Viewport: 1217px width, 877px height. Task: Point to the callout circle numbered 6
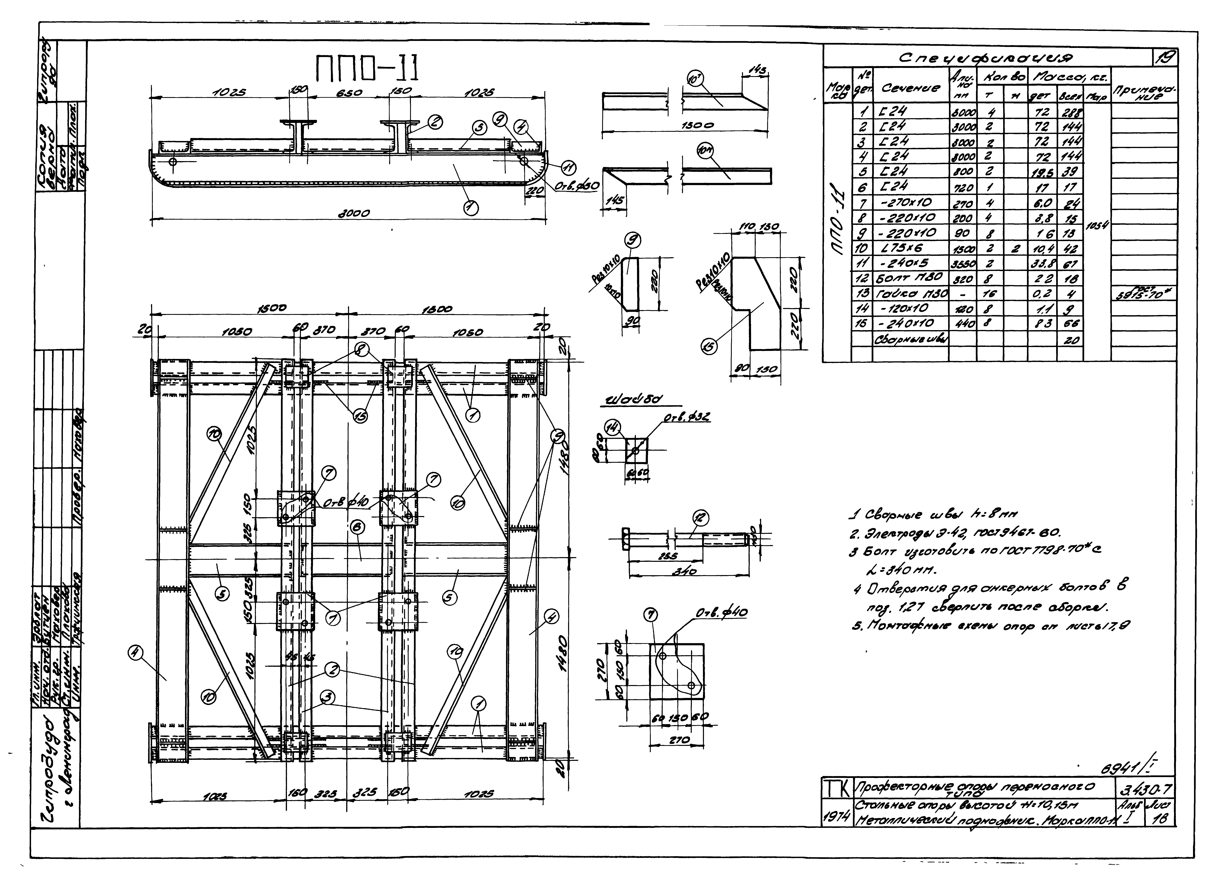358,527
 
